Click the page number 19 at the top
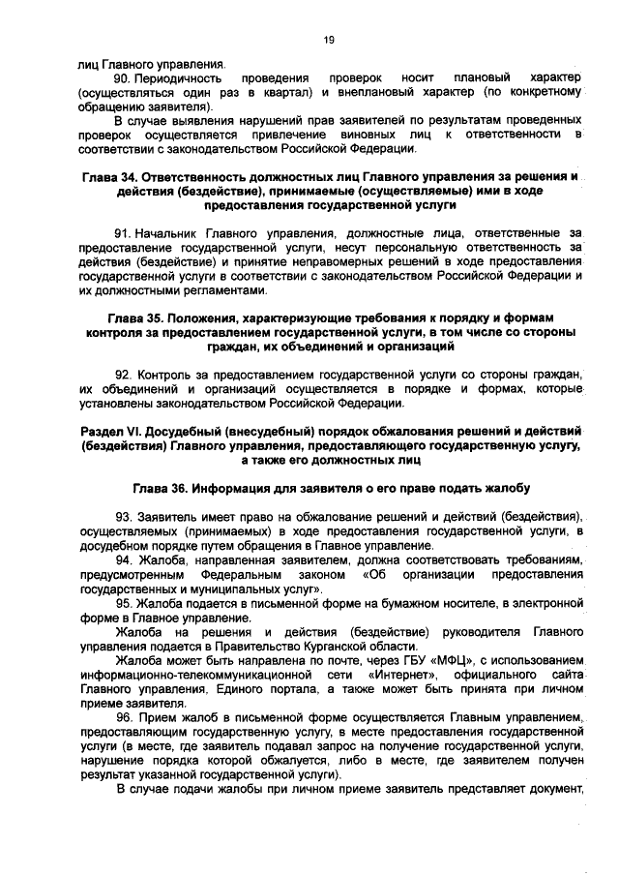pyautogui.click(x=328, y=39)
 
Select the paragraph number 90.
pyautogui.click(x=123, y=76)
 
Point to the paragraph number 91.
pyautogui.click(x=123, y=234)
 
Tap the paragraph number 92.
pyautogui.click(x=123, y=374)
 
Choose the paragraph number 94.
pyautogui.click(x=123, y=560)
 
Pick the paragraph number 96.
pyautogui.click(x=123, y=717)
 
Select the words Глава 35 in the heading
pyautogui.click(x=135, y=317)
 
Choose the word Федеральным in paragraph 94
pyautogui.click(x=230, y=575)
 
